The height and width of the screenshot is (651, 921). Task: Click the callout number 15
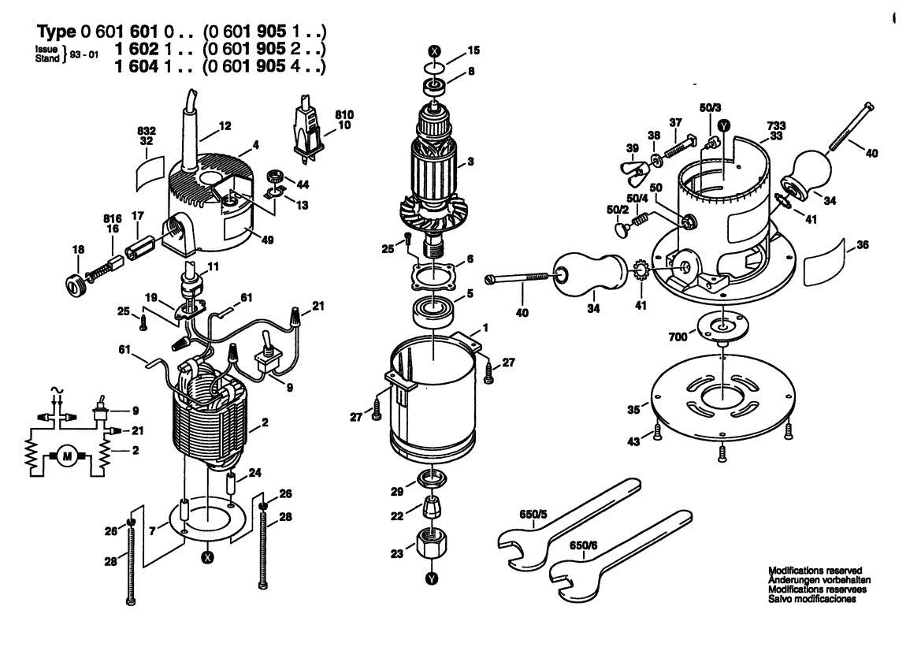pyautogui.click(x=473, y=50)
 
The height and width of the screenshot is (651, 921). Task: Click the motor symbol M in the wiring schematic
pyautogui.click(x=66, y=456)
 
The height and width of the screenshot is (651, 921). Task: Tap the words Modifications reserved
pyautogui.click(x=815, y=569)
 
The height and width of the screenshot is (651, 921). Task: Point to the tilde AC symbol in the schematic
pyautogui.click(x=54, y=390)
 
